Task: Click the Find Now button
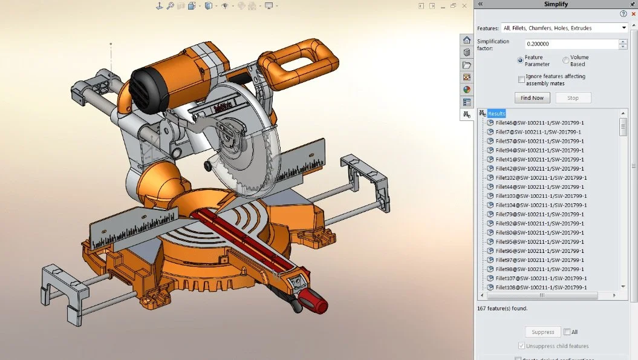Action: pyautogui.click(x=532, y=98)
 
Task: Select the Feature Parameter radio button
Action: pyautogui.click(x=520, y=61)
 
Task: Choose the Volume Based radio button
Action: pyautogui.click(x=565, y=61)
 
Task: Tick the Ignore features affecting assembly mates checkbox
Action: pyautogui.click(x=521, y=79)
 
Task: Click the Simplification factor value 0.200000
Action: pyautogui.click(x=570, y=44)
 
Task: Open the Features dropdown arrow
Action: pyautogui.click(x=624, y=28)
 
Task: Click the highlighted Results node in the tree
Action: pyautogui.click(x=496, y=114)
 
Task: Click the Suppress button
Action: pyautogui.click(x=542, y=332)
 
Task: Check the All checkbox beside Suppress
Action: pyautogui.click(x=567, y=332)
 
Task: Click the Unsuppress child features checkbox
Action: pyautogui.click(x=521, y=346)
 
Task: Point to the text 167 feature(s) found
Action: pyautogui.click(x=502, y=308)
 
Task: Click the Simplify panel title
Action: pyautogui.click(x=556, y=4)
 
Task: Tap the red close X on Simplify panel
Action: pyautogui.click(x=633, y=14)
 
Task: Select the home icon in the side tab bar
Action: pyautogui.click(x=467, y=40)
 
